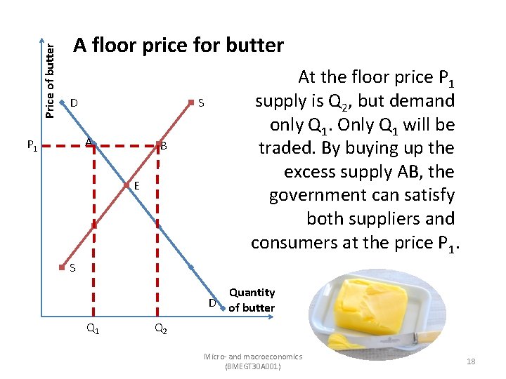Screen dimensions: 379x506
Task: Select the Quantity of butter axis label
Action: click(252, 300)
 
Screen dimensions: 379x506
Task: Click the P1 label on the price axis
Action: click(32, 146)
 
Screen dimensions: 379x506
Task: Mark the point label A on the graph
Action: click(89, 142)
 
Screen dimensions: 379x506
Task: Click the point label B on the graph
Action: click(164, 147)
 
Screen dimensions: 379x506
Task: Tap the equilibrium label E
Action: click(136, 187)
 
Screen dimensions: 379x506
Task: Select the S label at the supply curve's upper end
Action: click(201, 104)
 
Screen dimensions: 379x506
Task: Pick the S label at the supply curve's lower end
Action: click(72, 268)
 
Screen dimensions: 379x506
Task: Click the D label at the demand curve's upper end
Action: click(74, 104)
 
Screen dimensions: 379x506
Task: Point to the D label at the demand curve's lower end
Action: click(212, 303)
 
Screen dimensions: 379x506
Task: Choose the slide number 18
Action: click(471, 361)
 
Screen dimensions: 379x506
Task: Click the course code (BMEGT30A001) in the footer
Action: click(252, 366)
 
